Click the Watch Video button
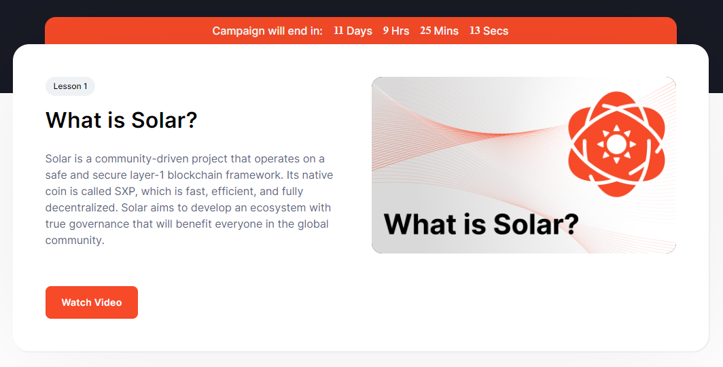point(92,302)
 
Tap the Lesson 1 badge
point(70,86)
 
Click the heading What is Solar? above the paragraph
point(121,120)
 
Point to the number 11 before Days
point(338,31)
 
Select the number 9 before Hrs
point(385,31)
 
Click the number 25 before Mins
point(425,31)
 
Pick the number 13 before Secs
point(475,31)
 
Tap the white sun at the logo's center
point(616,144)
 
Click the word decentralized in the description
point(82,207)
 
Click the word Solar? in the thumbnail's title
point(535,224)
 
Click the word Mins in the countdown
point(446,31)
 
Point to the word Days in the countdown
point(359,31)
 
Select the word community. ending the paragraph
point(75,240)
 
